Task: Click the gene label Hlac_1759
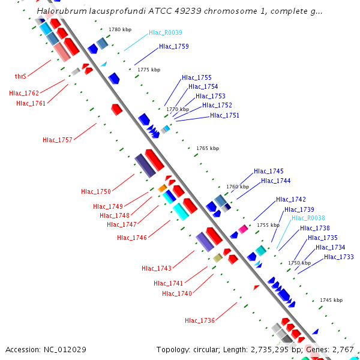[174, 46]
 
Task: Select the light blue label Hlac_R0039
[166, 33]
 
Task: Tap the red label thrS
[20, 76]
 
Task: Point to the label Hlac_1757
[58, 140]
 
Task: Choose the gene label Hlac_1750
[96, 191]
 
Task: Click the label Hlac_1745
[269, 171]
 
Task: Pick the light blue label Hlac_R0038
[308, 218]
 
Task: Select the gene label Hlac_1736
[200, 320]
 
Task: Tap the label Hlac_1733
[339, 257]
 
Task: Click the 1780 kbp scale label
[120, 29]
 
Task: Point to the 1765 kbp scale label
[208, 148]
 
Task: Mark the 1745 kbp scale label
[331, 300]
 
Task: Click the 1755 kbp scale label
[268, 225]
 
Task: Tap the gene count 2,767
[343, 349]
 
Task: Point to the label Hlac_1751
[225, 115]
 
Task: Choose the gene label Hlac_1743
[157, 268]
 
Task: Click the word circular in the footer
[207, 349]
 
